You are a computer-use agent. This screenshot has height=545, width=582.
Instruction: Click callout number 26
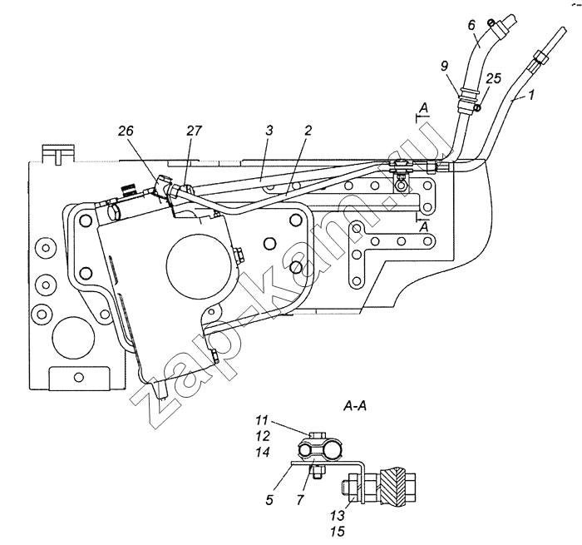(126, 131)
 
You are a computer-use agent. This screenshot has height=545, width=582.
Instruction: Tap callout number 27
(194, 131)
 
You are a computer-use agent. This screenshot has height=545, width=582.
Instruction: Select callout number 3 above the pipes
(269, 131)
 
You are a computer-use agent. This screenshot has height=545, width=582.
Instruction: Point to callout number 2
(308, 131)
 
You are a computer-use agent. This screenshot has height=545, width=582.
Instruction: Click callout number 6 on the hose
(471, 25)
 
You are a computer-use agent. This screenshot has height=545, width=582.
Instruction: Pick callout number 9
(444, 66)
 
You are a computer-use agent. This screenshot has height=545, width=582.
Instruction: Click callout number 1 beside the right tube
(530, 95)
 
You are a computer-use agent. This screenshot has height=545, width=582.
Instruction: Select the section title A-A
(355, 407)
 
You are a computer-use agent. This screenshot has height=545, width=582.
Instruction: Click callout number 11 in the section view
(261, 420)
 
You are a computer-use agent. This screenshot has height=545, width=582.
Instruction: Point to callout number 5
(269, 500)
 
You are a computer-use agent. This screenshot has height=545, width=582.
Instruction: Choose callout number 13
(338, 516)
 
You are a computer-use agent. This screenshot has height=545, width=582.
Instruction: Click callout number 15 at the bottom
(338, 532)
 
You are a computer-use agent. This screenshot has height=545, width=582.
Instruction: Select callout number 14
(262, 452)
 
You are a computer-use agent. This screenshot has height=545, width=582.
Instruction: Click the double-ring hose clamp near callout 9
(468, 97)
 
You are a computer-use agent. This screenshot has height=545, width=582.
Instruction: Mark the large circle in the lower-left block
(73, 338)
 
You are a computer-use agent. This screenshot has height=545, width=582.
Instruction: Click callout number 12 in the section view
(262, 436)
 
